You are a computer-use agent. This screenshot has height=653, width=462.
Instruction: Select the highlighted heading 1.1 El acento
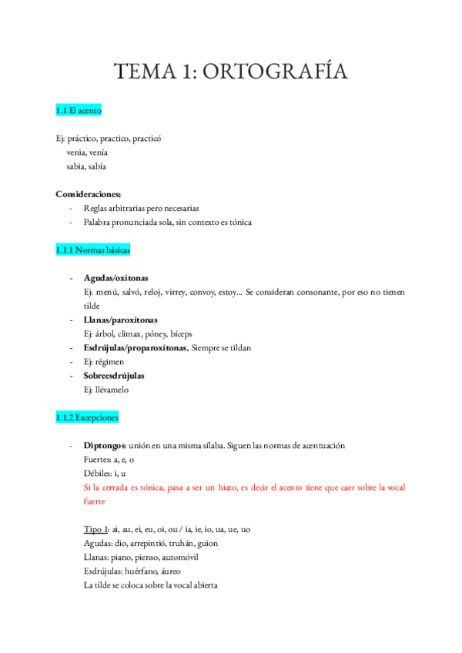coord(79,112)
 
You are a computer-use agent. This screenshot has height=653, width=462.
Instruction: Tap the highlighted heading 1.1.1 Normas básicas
coord(93,251)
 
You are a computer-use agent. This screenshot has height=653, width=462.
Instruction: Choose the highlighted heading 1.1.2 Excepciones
coord(86,418)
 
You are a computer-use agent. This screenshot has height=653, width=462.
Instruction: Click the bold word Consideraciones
coord(88,195)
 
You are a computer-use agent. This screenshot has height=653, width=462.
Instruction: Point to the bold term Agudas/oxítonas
coord(116,278)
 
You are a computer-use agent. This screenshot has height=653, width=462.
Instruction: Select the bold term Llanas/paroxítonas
coord(119,320)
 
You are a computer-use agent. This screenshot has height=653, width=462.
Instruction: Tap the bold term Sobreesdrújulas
coord(114,376)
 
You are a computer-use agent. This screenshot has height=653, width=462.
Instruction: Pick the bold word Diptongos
coord(105,446)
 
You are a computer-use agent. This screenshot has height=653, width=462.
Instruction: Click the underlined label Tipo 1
coord(96,530)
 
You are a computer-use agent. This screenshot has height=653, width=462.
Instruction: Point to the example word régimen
coord(111,362)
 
